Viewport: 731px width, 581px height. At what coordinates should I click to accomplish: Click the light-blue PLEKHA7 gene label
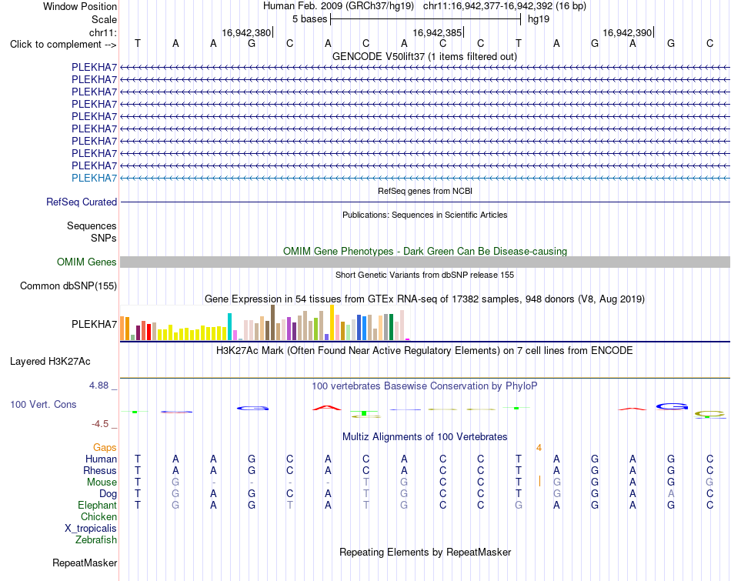point(94,178)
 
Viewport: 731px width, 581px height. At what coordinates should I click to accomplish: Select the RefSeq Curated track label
point(82,202)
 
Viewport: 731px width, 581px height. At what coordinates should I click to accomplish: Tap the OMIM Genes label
point(87,262)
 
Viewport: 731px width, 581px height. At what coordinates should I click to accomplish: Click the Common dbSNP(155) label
point(68,285)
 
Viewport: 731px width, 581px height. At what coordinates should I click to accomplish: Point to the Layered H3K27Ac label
point(50,362)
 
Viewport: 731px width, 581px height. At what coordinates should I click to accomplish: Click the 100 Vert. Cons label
point(43,404)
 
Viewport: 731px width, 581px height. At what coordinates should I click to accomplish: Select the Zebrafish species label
point(96,540)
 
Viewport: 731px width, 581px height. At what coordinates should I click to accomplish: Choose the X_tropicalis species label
point(91,529)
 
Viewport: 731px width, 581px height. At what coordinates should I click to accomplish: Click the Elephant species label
point(98,505)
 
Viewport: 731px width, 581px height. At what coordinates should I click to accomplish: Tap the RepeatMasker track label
point(85,563)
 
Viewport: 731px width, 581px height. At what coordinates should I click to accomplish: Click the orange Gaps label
point(105,447)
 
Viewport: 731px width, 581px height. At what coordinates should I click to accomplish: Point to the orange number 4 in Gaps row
point(539,448)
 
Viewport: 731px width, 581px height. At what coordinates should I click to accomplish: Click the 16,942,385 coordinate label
point(437,32)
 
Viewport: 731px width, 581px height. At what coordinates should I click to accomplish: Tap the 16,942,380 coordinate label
point(246,32)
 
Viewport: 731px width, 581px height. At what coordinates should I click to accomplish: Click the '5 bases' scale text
point(309,19)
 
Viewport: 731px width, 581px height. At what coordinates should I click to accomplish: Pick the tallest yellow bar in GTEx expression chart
point(332,322)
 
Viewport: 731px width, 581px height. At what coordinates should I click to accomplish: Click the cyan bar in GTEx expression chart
point(230,326)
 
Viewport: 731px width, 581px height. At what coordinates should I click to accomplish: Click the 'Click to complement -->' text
point(63,45)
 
